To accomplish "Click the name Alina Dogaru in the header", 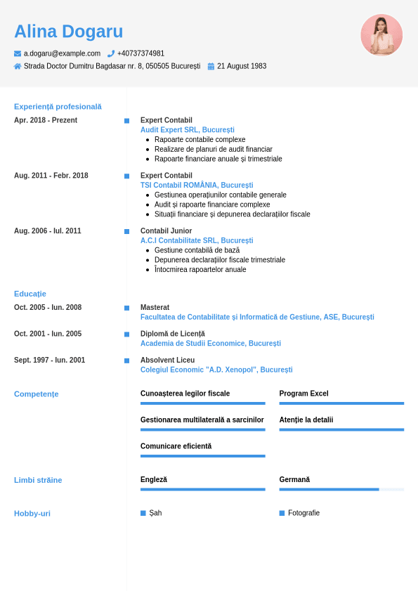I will click(x=68, y=32).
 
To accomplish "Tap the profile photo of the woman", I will click(x=381, y=34).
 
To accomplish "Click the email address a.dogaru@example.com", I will click(x=62, y=53).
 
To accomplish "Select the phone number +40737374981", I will click(x=141, y=53).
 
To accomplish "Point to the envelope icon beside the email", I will click(x=18, y=53).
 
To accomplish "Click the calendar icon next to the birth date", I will click(x=211, y=66).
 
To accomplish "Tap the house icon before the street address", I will click(x=18, y=66).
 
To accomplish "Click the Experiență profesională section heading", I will click(x=58, y=107).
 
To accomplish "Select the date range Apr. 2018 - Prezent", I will click(x=46, y=120).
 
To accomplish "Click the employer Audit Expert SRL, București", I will click(x=188, y=130).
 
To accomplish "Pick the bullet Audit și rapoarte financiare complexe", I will click(x=212, y=204).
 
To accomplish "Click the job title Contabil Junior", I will click(x=166, y=230).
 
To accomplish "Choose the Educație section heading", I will click(x=30, y=294).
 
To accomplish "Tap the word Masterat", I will click(x=155, y=307).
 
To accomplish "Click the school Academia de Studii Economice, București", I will click(x=211, y=344).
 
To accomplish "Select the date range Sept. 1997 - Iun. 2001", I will click(x=49, y=360).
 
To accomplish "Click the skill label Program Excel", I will click(x=303, y=394).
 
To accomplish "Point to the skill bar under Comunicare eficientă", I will click(x=203, y=456).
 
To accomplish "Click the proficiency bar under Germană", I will click(x=341, y=489).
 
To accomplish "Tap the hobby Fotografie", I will click(x=303, y=513).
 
